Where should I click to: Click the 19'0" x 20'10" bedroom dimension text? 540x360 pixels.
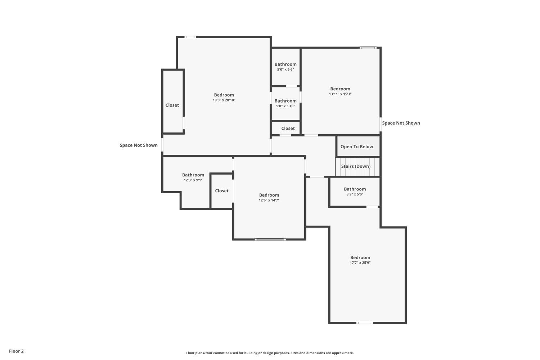click(224, 100)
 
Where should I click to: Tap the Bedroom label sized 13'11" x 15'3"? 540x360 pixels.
click(340, 89)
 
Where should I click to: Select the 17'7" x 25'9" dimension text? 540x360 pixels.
click(360, 263)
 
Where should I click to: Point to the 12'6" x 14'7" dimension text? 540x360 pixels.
click(269, 201)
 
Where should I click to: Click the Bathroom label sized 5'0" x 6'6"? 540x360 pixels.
click(285, 64)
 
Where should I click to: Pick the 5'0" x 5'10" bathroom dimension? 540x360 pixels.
click(285, 106)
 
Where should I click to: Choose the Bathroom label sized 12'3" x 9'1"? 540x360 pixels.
click(193, 175)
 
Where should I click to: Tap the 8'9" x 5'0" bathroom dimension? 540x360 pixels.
click(355, 194)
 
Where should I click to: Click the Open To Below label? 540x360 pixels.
click(357, 147)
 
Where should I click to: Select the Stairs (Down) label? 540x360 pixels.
click(356, 166)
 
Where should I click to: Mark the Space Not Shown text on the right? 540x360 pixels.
click(401, 123)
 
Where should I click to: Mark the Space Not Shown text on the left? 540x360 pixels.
click(139, 145)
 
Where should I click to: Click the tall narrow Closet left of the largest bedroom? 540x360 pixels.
click(172, 105)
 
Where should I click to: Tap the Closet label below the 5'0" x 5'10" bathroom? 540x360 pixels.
click(288, 129)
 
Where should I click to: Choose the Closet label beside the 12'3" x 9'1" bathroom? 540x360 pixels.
click(222, 191)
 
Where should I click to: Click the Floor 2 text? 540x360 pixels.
click(16, 351)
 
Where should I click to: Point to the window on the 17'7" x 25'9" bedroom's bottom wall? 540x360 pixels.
click(364, 323)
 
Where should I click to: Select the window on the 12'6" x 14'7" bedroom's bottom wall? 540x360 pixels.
click(270, 239)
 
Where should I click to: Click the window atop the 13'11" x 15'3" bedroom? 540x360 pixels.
click(368, 48)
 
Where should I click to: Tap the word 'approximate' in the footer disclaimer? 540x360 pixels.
click(343, 353)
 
